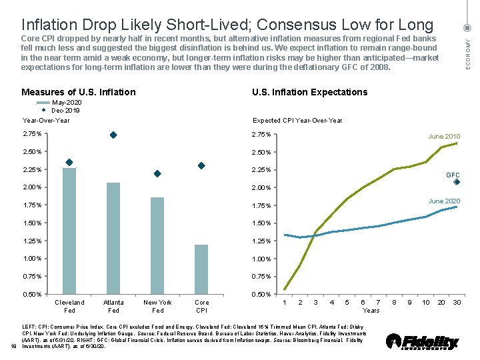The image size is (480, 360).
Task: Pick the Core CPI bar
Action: coord(201,269)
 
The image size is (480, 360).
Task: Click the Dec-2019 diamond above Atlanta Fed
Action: coord(113,135)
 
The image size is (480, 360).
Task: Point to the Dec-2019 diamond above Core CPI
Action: coord(201,165)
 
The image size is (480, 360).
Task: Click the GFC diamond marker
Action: coord(456,182)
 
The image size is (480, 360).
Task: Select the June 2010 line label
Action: coord(444,137)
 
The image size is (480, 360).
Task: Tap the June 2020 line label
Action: coord(444,201)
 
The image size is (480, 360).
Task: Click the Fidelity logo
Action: coord(423,342)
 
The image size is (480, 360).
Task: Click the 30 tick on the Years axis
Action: coord(456,303)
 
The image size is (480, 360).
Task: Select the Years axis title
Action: coord(371,310)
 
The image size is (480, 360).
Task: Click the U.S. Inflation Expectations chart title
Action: coord(309,92)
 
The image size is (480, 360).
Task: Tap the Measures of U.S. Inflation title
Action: coord(79,92)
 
